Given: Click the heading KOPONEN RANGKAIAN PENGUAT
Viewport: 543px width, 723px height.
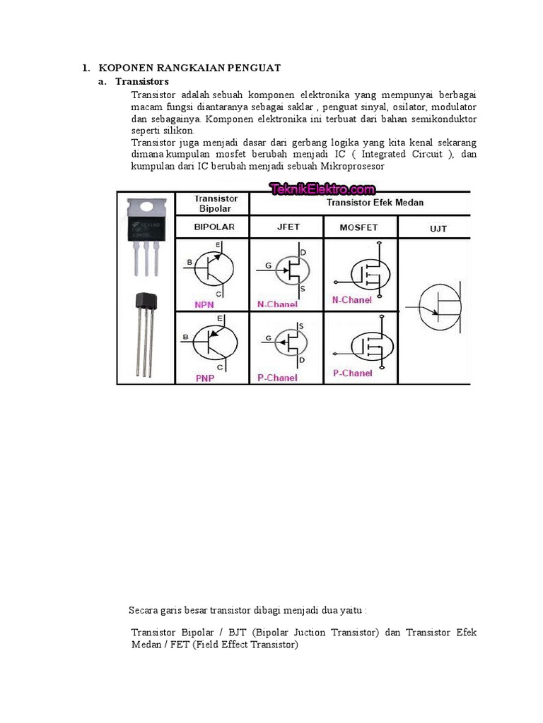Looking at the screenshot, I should pyautogui.click(x=189, y=68).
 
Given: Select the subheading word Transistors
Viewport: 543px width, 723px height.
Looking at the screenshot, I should pyautogui.click(x=142, y=82).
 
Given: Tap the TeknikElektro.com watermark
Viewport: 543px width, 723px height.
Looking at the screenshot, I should pyautogui.click(x=322, y=189).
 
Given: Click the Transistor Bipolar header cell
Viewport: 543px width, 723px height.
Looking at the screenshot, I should pyautogui.click(x=216, y=203).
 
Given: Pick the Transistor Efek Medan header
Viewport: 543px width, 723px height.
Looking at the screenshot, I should pyautogui.click(x=375, y=203).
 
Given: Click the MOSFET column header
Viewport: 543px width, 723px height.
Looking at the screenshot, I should pyautogui.click(x=358, y=227).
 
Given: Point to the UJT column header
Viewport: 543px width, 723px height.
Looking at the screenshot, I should pyautogui.click(x=438, y=228).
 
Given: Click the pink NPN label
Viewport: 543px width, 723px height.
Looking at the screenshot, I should pyautogui.click(x=205, y=304).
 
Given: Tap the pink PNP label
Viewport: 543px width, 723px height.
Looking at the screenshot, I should pyautogui.click(x=204, y=378).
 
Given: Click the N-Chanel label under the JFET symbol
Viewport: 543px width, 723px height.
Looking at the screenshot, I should pyautogui.click(x=277, y=304).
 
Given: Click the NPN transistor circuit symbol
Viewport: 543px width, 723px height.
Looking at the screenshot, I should pyautogui.click(x=213, y=268).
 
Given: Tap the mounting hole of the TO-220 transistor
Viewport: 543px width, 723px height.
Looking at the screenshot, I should pyautogui.click(x=147, y=208).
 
